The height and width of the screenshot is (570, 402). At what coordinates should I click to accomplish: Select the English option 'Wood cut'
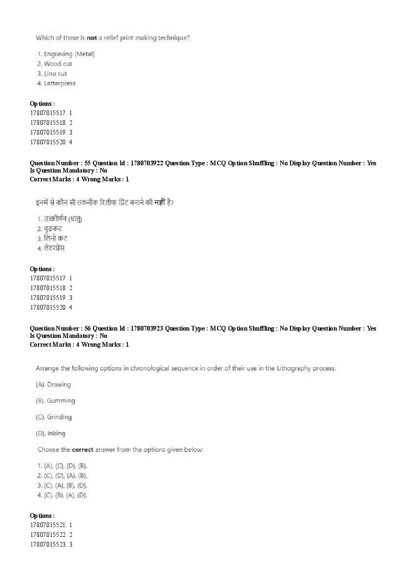click(57, 64)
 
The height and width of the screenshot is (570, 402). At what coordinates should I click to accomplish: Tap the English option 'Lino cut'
click(55, 74)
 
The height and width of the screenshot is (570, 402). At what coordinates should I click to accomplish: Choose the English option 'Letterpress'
click(59, 83)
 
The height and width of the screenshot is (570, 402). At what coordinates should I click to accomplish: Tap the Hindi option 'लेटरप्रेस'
click(54, 248)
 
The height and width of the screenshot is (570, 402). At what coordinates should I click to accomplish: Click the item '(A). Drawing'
click(54, 385)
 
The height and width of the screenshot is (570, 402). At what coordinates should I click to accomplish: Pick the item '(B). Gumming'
click(55, 401)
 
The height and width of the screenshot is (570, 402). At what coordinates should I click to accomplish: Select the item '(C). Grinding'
click(54, 417)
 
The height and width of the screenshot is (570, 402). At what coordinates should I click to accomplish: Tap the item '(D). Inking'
click(51, 433)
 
